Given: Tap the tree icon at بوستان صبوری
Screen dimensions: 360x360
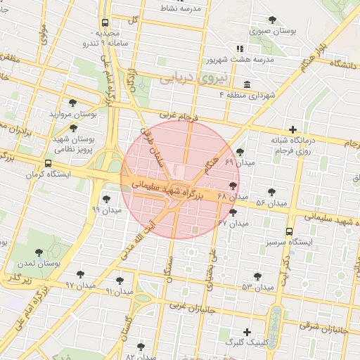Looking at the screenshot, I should [x=272, y=20].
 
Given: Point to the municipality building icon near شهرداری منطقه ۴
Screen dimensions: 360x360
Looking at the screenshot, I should [x=247, y=84].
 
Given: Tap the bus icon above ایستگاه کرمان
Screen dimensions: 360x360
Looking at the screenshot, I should [x=48, y=163].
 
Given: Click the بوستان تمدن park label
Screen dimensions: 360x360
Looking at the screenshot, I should [x=40, y=262].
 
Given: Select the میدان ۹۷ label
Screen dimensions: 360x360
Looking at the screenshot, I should [x=79, y=285].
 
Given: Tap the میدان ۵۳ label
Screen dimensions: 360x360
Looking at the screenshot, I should [x=257, y=287].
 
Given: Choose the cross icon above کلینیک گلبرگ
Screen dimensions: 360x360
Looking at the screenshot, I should [x=247, y=331].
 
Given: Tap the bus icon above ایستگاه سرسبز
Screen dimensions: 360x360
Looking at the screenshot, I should [x=290, y=231].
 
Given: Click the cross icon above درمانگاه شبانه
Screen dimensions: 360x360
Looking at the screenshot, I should [x=293, y=129].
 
